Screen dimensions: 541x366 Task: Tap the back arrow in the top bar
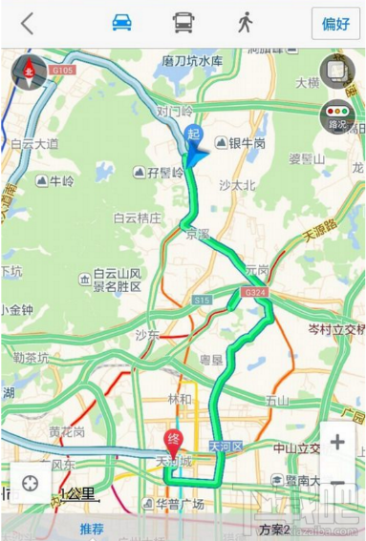(27, 24)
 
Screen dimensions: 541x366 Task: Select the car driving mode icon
(121, 24)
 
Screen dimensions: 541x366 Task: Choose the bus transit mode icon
(182, 24)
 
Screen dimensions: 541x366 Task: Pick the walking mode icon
(245, 23)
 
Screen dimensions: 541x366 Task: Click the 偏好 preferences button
(335, 24)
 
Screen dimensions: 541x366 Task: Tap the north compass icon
(29, 72)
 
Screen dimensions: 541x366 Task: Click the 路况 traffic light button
(337, 114)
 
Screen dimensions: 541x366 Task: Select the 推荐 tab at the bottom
(92, 529)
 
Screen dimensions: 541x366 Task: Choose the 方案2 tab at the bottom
(273, 529)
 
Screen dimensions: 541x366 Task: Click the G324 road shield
(253, 291)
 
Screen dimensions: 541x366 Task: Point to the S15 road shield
(201, 302)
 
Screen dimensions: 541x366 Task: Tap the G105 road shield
(64, 70)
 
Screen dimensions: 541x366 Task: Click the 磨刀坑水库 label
(192, 61)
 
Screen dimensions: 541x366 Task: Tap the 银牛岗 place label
(245, 143)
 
